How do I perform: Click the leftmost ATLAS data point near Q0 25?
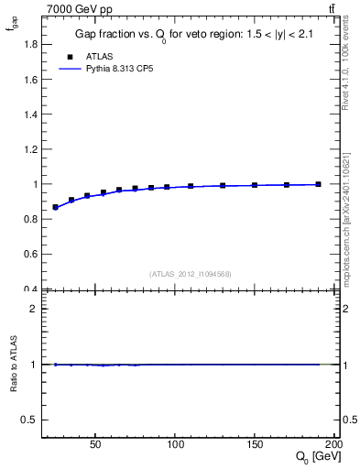pos(56,207)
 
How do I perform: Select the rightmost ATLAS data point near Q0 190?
pos(318,184)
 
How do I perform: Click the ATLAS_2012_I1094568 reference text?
pos(191,274)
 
